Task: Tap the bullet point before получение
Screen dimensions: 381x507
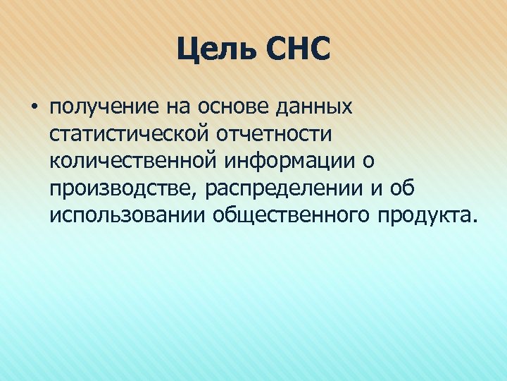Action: tap(33, 108)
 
